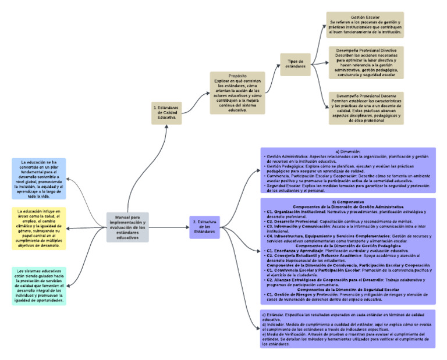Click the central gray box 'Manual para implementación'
tap(127, 227)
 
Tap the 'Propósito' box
tap(237, 92)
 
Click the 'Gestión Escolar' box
tap(364, 25)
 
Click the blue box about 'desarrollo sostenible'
tap(39, 179)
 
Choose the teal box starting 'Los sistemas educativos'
tap(39, 286)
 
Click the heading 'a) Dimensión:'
tap(348, 152)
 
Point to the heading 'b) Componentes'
tap(348, 202)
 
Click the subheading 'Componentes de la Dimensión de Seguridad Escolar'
tap(348, 289)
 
